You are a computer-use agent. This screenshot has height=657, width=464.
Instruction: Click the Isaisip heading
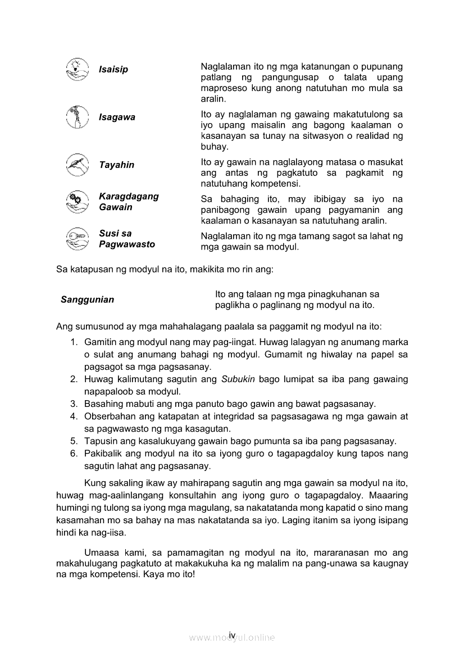click(x=113, y=70)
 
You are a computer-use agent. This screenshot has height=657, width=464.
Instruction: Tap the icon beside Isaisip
click(x=77, y=69)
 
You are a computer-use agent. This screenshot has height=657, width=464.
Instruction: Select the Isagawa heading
click(x=117, y=117)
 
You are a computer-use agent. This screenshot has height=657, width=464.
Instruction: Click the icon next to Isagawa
click(x=77, y=117)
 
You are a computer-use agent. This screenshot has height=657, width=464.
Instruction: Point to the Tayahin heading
click(x=116, y=165)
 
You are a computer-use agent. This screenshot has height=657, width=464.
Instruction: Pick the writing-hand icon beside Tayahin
click(x=77, y=165)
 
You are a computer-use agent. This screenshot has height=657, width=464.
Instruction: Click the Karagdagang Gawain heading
click(x=129, y=202)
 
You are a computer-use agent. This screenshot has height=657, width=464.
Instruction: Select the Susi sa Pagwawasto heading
click(x=127, y=239)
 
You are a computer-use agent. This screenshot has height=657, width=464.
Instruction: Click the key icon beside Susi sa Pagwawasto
click(x=77, y=238)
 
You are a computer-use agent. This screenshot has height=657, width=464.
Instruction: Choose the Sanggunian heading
click(x=87, y=300)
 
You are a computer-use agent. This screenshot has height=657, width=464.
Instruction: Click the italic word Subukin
click(x=240, y=379)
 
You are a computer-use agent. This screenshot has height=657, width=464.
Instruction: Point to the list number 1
click(x=74, y=342)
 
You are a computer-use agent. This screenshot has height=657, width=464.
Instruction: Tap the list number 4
click(x=74, y=416)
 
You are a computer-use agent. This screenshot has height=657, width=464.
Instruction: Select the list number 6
click(x=74, y=454)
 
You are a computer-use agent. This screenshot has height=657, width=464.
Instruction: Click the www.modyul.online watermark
click(x=231, y=638)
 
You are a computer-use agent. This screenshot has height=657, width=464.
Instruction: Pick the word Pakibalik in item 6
click(x=102, y=454)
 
